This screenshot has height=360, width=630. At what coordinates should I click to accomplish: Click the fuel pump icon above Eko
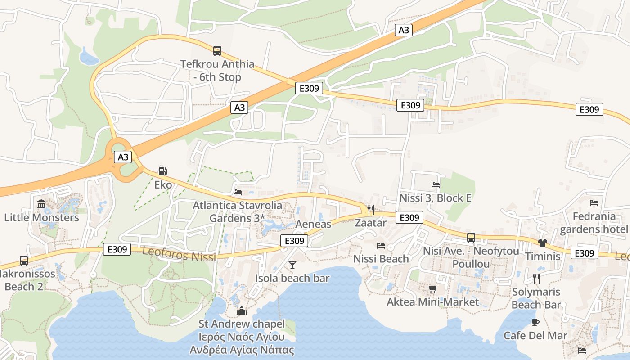pos(162,171)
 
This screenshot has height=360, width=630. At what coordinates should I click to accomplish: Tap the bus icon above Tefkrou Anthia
pos(217,50)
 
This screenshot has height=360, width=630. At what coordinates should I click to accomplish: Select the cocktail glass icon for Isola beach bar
pos(292,265)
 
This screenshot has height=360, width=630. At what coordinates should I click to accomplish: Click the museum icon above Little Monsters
pos(41,205)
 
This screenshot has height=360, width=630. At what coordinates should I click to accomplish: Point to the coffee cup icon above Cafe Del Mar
pos(535,322)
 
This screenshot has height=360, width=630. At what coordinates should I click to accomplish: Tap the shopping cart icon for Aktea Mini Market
pos(432,288)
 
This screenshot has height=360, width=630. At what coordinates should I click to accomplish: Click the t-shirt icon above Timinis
pos(543,243)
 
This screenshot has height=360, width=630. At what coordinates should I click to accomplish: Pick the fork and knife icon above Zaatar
pos(371,209)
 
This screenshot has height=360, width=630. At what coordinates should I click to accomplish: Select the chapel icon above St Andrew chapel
pos(242,310)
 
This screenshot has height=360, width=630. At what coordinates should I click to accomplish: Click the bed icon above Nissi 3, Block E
pos(435,184)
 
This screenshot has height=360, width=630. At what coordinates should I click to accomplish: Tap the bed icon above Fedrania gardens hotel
pos(594,203)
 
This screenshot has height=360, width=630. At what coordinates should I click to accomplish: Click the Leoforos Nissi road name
pos(179,254)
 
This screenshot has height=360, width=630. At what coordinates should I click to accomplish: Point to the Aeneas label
pos(314,224)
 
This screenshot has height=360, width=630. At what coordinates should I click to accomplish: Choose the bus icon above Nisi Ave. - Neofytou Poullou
pos(471,238)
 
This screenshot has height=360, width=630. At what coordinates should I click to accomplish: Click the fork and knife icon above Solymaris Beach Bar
pos(536,278)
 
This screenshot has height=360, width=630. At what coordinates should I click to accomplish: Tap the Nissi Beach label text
pos(381,259)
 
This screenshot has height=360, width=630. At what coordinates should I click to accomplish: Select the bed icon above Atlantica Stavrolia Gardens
pos(238,192)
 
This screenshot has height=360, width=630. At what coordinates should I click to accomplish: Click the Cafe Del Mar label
pos(535,336)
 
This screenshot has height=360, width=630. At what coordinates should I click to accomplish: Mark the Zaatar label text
pos(371,223)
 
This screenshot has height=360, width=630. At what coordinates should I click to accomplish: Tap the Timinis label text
pos(543,256)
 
